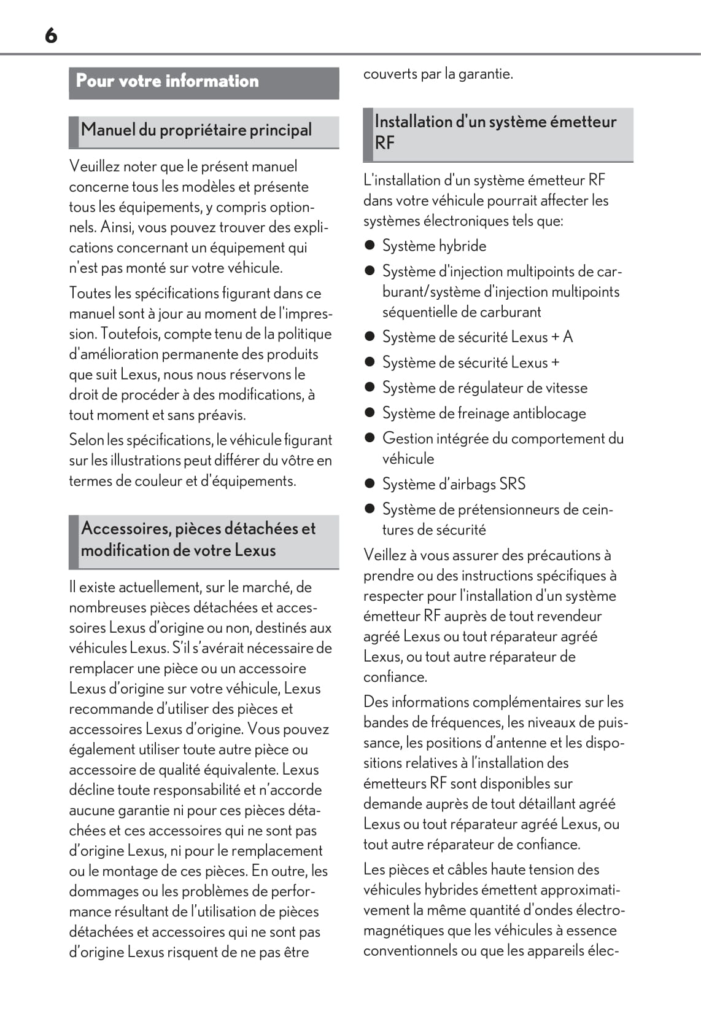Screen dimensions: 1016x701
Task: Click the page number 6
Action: coord(51,36)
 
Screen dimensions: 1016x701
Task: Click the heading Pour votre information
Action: coord(167,81)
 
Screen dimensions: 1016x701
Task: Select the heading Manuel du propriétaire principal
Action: coord(196,130)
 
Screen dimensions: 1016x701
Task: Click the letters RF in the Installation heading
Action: coord(385,143)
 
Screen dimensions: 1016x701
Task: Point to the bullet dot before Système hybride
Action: coord(370,246)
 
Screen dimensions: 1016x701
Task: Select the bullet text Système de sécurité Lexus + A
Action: coord(478,337)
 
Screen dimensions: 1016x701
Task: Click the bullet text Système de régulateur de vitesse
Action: coord(485,388)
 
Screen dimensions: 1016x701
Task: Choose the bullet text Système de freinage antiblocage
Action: coord(484,413)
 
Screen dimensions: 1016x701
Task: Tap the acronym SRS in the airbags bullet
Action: coord(513,484)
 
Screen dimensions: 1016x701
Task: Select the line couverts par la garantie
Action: coord(438,74)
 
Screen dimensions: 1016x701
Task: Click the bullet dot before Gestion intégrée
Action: coord(370,438)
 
